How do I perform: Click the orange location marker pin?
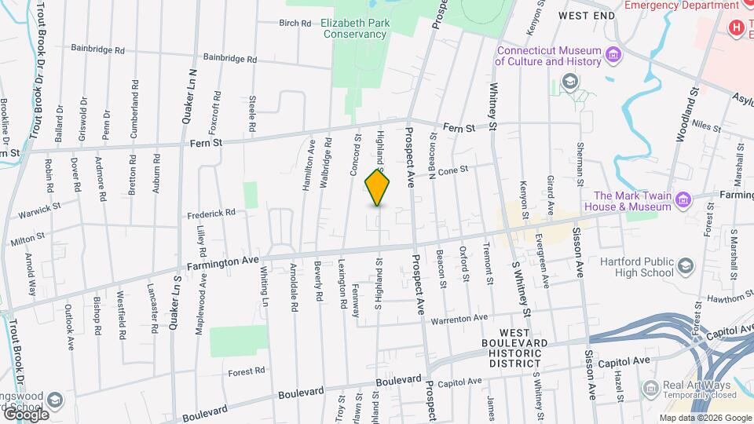point(378,187)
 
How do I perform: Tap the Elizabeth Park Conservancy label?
point(355,29)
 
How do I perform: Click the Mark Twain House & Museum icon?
point(683,200)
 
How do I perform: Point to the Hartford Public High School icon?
point(685,266)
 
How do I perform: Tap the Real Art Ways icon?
point(650,387)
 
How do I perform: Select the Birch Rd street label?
point(295,24)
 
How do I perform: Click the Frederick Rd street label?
point(211,213)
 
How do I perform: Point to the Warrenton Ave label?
point(459,319)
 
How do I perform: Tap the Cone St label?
point(452,170)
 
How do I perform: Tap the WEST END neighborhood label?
point(585,16)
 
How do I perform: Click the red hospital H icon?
point(736,27)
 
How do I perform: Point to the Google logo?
point(25,414)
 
